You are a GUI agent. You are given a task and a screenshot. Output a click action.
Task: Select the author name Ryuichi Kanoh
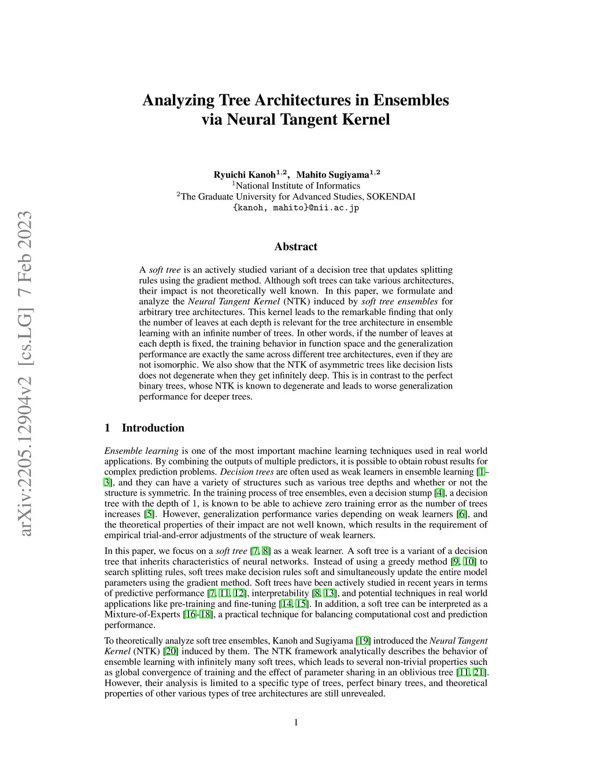click(x=245, y=175)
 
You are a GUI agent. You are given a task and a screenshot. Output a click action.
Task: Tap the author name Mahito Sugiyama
click(x=333, y=175)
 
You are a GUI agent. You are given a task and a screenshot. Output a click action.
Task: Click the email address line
click(x=296, y=208)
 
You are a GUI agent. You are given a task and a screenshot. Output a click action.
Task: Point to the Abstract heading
click(x=296, y=247)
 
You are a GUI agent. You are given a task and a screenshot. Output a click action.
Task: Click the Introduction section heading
click(x=153, y=428)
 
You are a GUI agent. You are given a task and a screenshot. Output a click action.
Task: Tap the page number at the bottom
click(x=296, y=722)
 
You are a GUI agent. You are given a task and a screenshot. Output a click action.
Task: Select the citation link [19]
click(x=363, y=641)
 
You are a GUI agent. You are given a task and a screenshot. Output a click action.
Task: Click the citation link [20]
click(x=170, y=651)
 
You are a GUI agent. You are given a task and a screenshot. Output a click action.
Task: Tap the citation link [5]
click(x=149, y=514)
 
